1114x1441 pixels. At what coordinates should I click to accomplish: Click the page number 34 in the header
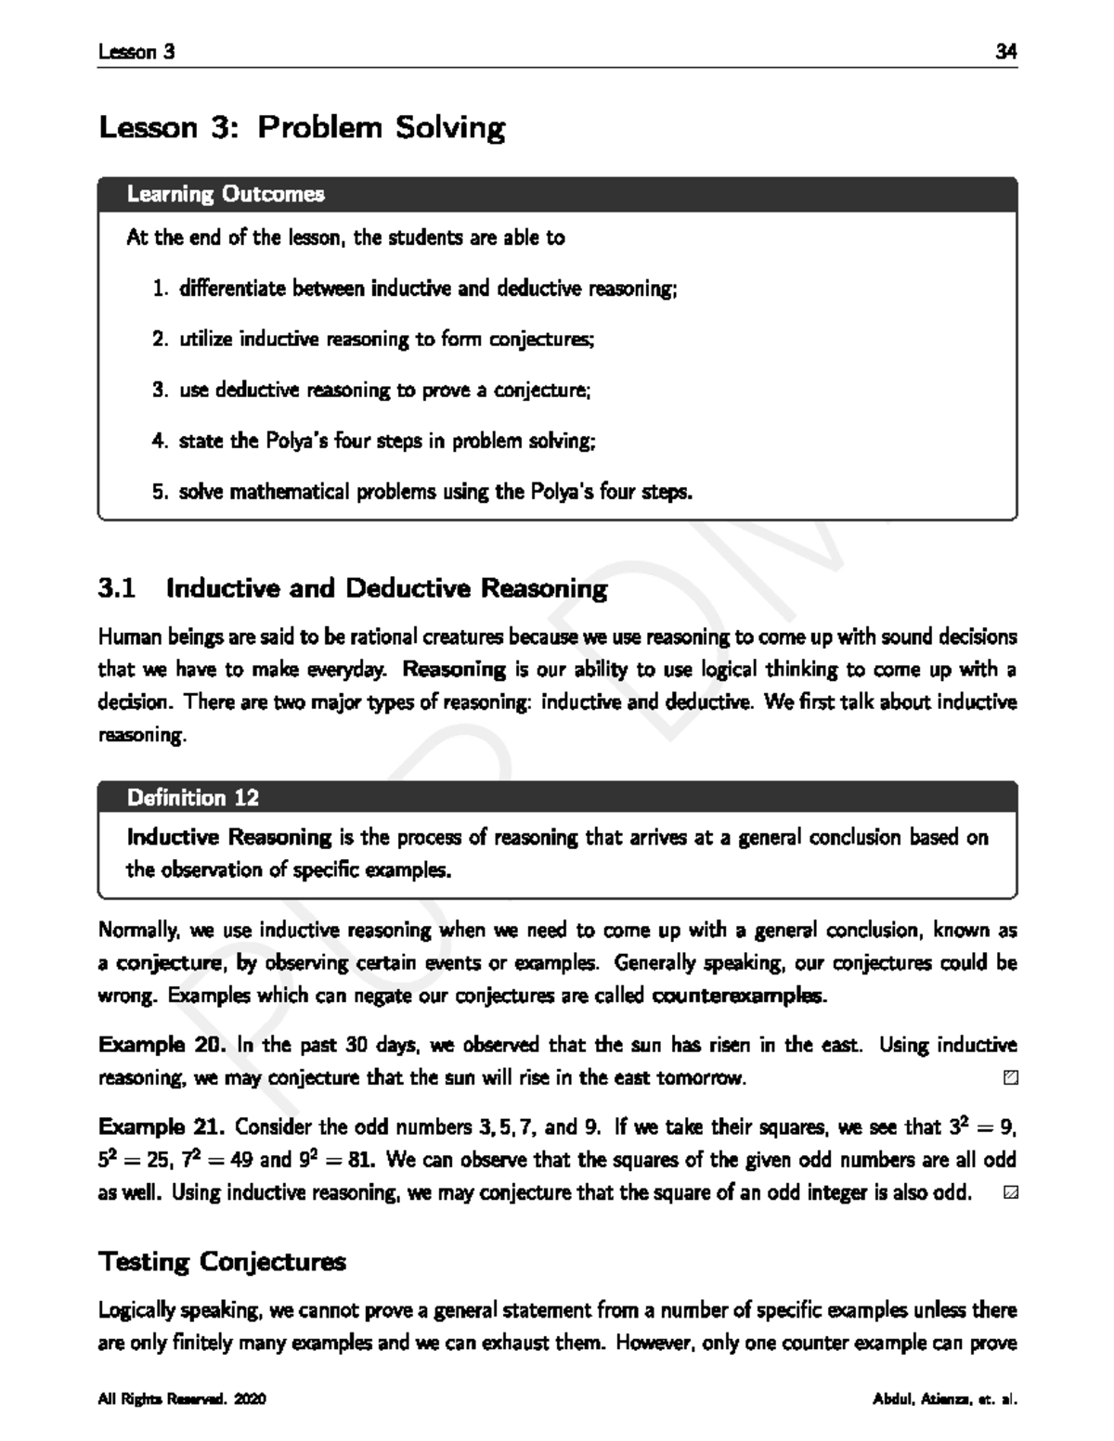coord(1006,52)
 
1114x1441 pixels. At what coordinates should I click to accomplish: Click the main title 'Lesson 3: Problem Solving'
coord(302,127)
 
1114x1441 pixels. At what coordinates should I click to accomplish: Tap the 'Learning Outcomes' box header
coord(226,194)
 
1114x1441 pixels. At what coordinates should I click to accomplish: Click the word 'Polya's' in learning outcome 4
coord(298,441)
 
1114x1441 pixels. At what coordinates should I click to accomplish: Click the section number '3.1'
coord(117,588)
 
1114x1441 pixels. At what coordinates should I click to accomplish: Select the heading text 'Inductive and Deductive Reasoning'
coord(386,588)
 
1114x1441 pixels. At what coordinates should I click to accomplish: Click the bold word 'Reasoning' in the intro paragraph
coord(455,669)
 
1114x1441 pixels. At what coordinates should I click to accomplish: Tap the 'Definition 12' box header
coord(193,797)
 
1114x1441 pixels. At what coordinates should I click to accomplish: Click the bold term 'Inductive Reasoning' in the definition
coord(229,837)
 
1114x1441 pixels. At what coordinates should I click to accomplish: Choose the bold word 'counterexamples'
coord(738,997)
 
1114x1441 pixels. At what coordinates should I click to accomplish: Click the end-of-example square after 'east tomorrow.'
coord(1010,1078)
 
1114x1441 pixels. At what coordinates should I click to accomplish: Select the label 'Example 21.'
coord(162,1127)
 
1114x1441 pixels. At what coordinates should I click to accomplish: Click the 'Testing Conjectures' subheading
coord(222,1262)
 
